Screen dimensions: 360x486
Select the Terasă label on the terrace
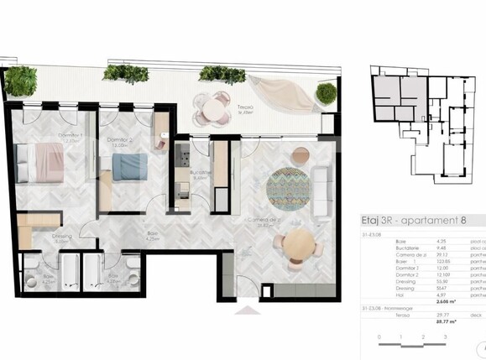pyautogui.click(x=245, y=107)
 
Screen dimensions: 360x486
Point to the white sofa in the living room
pyautogui.click(x=320, y=194)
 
